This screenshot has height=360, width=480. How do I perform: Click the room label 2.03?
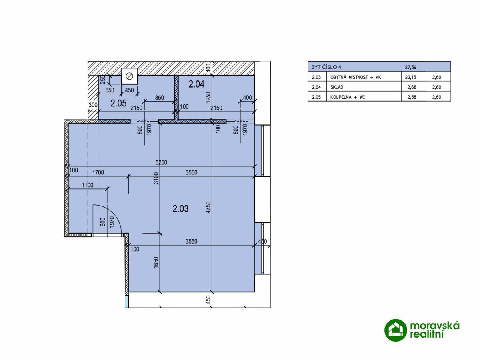[x=180, y=209]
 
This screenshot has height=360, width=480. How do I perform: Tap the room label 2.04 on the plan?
[x=196, y=84]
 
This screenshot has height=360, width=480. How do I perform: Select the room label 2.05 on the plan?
[x=118, y=103]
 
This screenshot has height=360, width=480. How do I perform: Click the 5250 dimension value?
[x=161, y=162]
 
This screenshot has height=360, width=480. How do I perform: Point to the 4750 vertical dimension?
[x=208, y=208]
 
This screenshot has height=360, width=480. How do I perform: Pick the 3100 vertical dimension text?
[x=156, y=178]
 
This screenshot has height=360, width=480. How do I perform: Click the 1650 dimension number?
[x=156, y=262]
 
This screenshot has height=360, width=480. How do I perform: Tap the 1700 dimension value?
[x=98, y=172]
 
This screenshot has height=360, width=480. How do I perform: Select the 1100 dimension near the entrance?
[x=88, y=185]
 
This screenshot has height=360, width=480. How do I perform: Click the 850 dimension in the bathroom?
[x=160, y=98]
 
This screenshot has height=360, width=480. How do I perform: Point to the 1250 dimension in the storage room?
[x=208, y=97]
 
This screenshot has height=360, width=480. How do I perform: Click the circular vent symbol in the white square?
[x=130, y=76]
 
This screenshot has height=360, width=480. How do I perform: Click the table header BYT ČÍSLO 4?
[x=326, y=67]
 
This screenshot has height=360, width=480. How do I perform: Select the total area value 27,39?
[x=410, y=67]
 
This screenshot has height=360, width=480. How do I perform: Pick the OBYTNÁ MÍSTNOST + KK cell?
[x=356, y=77]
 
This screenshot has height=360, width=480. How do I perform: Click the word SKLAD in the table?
[x=336, y=87]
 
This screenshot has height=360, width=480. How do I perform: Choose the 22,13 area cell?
[x=410, y=77]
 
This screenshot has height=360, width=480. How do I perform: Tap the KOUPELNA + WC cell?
[x=348, y=97]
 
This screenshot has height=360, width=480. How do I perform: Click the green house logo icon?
[x=396, y=330]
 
